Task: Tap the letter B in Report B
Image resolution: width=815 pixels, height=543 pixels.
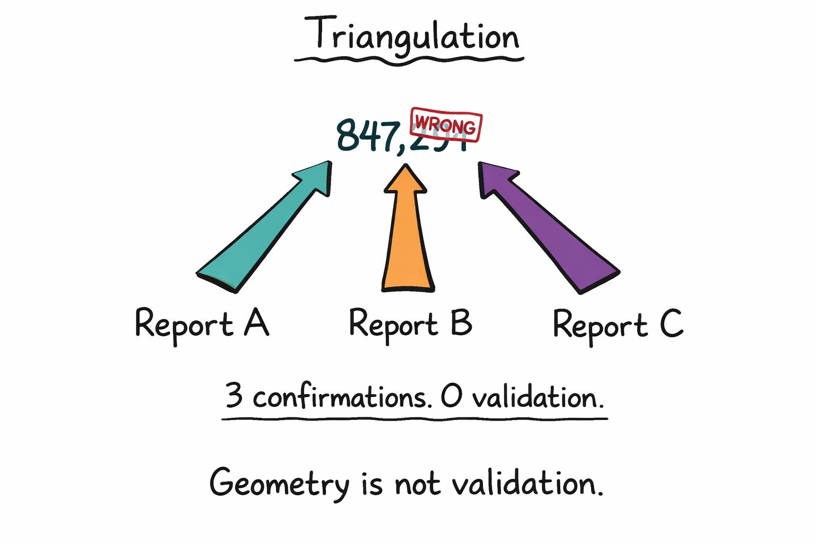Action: [461, 322]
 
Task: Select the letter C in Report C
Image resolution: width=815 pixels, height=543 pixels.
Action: [671, 323]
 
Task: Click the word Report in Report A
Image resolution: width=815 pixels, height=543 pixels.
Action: [184, 324]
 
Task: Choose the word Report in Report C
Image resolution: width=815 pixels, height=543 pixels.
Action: [600, 325]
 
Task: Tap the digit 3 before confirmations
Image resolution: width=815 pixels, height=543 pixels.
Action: [234, 395]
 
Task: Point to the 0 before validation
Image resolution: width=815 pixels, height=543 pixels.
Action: [452, 397]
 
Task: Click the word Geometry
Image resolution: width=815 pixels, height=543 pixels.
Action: [279, 483]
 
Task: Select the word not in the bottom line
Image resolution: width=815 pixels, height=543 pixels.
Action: [417, 483]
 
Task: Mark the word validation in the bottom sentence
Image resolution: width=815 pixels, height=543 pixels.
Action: [527, 483]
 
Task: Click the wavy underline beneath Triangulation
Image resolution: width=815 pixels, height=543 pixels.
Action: [409, 60]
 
